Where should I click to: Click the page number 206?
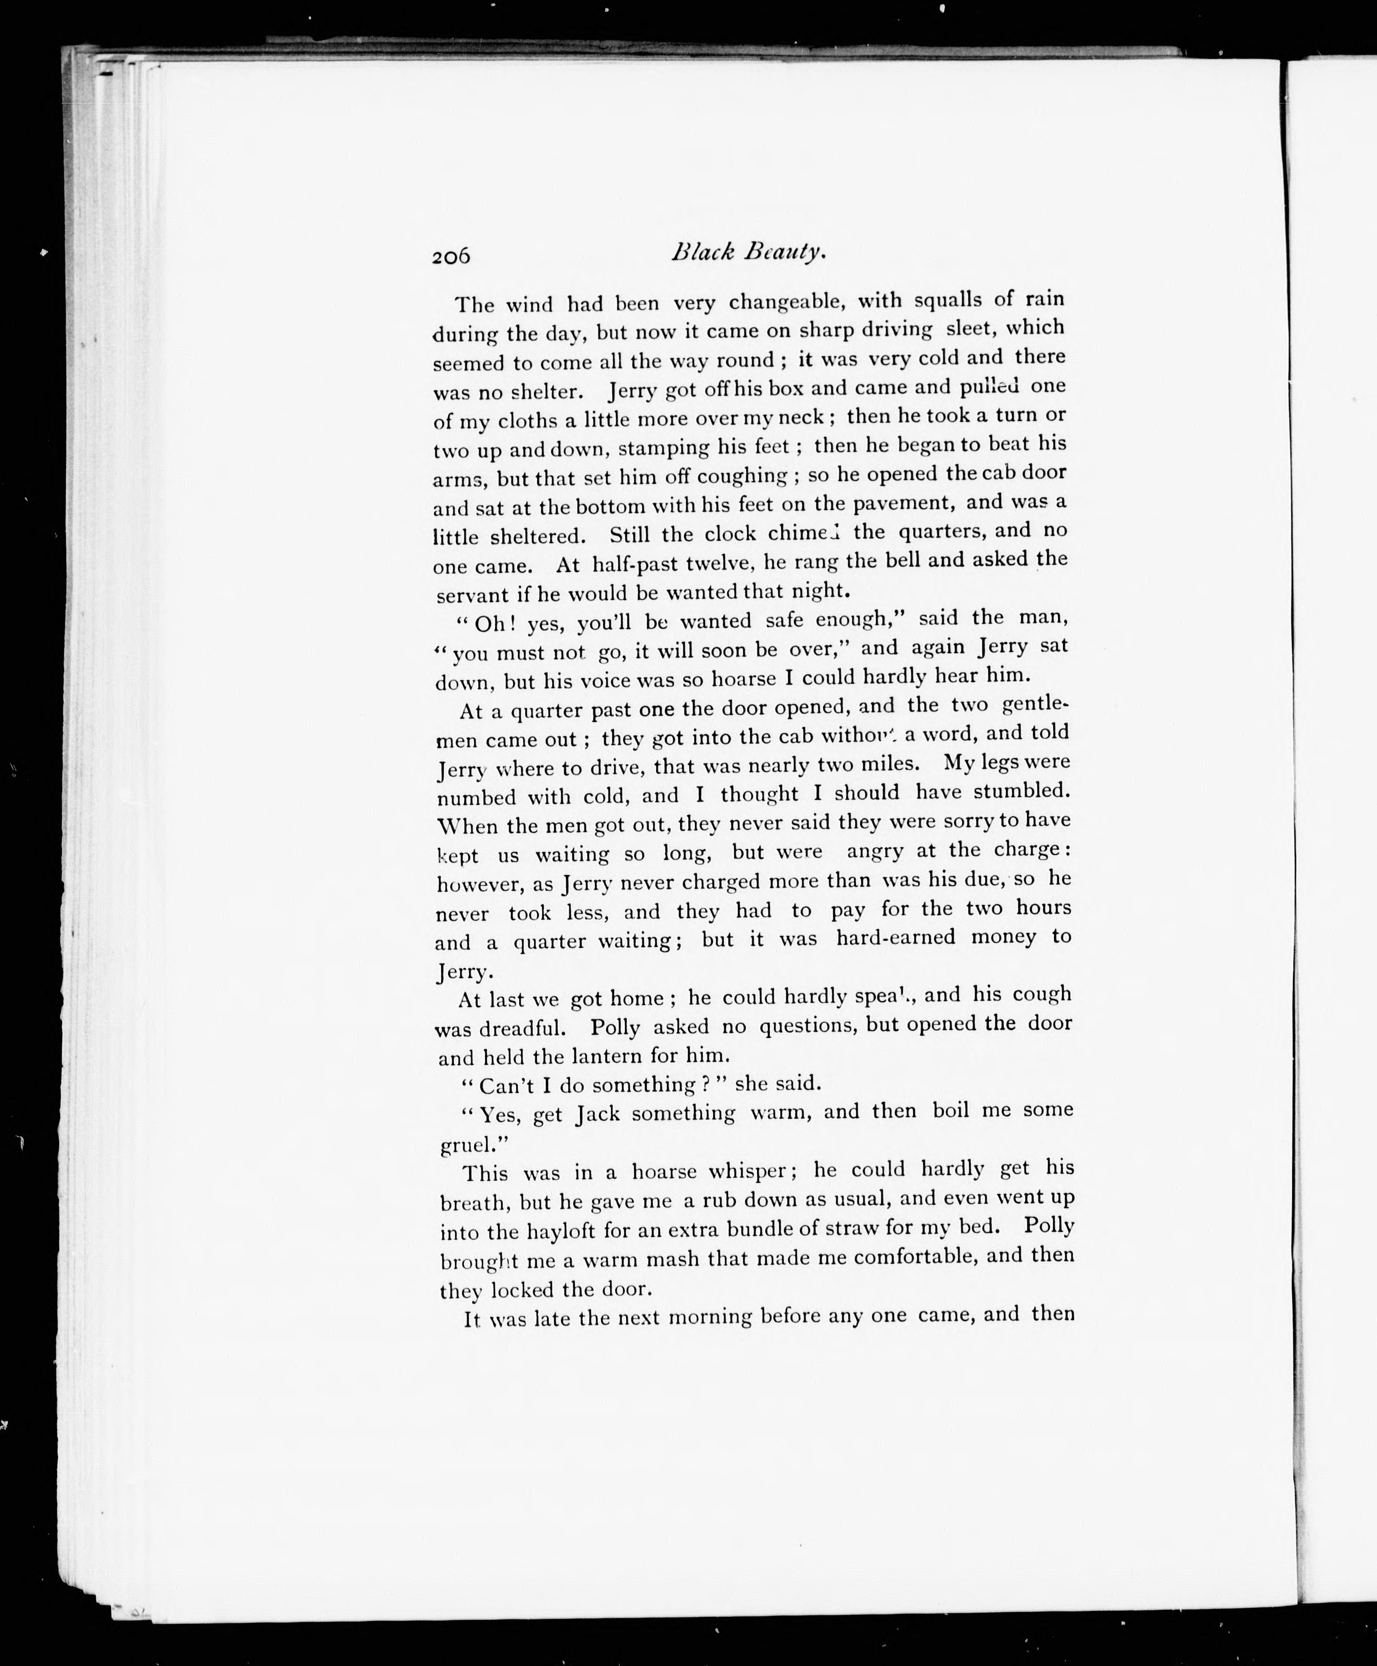pos(451,256)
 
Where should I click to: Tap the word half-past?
pos(632,564)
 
